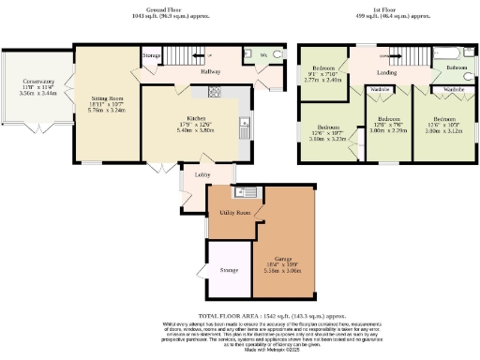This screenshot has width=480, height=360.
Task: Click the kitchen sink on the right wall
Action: tap(245, 123)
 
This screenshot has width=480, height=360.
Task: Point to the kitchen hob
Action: tap(214, 92)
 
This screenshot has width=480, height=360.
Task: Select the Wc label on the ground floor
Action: tap(263, 55)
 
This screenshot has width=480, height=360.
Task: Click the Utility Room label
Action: tap(234, 213)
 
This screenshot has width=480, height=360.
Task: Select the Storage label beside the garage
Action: tap(229, 270)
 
